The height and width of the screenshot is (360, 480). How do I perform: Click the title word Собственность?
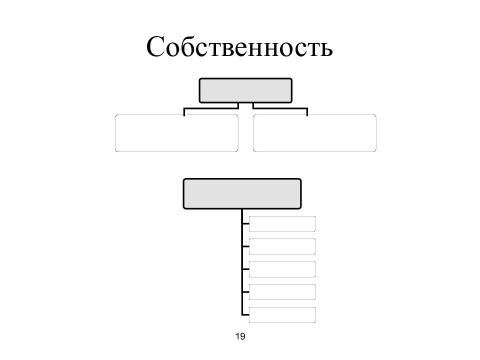[239, 46]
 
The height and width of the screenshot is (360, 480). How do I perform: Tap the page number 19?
[240, 336]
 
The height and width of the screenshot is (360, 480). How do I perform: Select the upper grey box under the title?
[245, 90]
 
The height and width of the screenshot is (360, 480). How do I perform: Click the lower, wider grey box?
[242, 194]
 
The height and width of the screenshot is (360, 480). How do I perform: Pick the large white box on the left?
[176, 133]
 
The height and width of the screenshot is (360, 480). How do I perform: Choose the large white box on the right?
[314, 133]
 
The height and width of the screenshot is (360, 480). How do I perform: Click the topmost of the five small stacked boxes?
[282, 224]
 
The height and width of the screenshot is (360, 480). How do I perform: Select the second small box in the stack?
[282, 246]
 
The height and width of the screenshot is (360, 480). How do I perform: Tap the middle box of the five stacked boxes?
[282, 269]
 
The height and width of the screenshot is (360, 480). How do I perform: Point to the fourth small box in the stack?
[282, 292]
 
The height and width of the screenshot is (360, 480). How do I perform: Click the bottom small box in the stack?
[282, 314]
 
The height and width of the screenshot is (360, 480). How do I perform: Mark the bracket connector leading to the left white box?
[211, 108]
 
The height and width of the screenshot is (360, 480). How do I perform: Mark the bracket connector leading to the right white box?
[280, 108]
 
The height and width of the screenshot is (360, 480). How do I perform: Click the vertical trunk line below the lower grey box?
[242, 262]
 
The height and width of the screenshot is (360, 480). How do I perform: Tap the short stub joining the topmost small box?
[245, 224]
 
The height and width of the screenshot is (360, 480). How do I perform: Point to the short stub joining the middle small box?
[245, 269]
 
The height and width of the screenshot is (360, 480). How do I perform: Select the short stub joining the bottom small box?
[245, 314]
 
